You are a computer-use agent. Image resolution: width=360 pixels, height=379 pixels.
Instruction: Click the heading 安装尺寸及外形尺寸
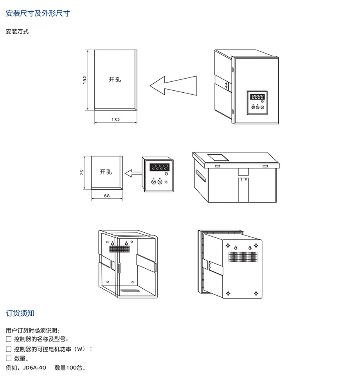(x=38, y=14)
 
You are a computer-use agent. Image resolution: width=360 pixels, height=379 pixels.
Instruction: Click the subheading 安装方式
(x=17, y=32)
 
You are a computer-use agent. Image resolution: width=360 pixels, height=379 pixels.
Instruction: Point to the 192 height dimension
(x=85, y=79)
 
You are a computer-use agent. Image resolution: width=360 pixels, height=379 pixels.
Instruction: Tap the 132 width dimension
(x=115, y=120)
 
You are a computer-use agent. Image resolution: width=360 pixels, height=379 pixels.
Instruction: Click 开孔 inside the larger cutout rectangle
(x=115, y=79)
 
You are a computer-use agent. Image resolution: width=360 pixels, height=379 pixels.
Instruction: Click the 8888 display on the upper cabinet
(x=257, y=97)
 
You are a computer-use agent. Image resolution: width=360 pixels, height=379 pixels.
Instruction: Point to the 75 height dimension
(x=82, y=172)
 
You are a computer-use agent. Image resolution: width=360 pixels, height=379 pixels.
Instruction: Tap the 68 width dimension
(x=107, y=196)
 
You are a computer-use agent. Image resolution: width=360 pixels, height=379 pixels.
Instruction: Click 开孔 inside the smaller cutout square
(x=106, y=172)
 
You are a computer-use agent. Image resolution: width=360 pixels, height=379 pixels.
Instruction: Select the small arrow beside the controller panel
(x=133, y=172)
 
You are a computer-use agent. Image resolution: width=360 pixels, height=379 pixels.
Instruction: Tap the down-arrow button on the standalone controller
(x=153, y=182)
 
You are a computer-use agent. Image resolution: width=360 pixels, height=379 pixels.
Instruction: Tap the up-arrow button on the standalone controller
(x=160, y=182)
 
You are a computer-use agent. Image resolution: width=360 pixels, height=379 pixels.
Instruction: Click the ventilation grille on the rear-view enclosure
(x=243, y=257)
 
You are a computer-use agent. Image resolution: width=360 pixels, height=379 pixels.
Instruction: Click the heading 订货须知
(x=20, y=313)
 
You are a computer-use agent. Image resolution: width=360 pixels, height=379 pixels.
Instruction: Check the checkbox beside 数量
(x=9, y=358)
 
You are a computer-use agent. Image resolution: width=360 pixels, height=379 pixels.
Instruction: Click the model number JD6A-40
(x=34, y=368)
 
